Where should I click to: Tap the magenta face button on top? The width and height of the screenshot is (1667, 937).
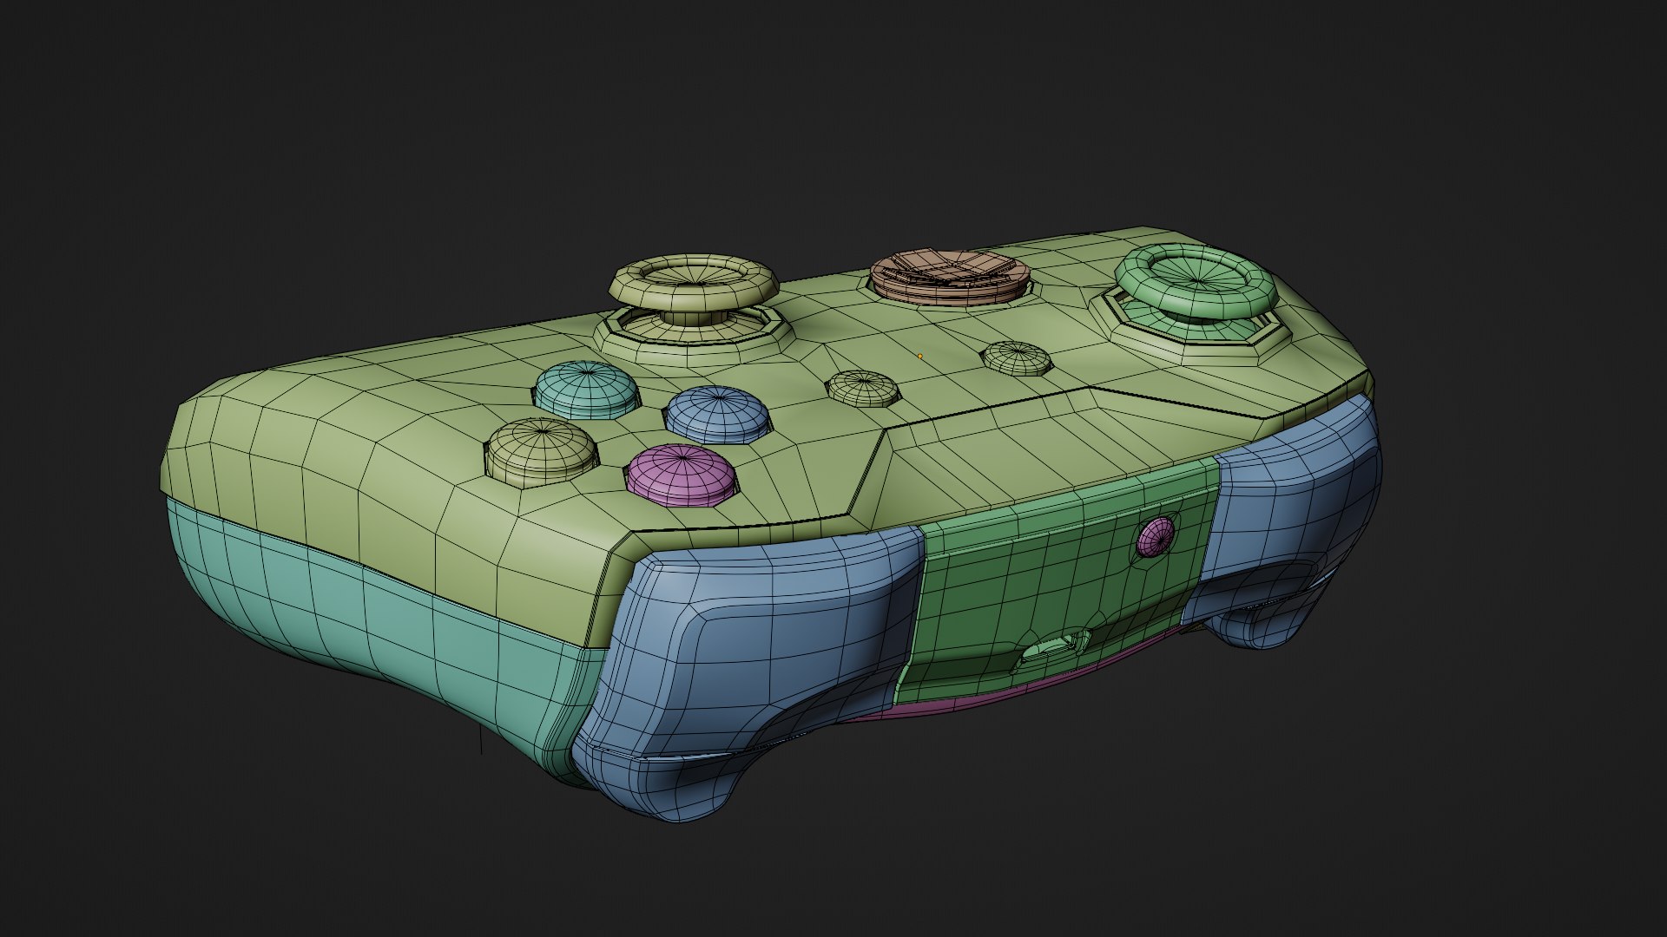pyautogui.click(x=681, y=474)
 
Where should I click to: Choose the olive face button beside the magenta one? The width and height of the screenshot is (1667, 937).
pyautogui.click(x=541, y=449)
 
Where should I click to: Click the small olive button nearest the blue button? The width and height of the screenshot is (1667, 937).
pyautogui.click(x=863, y=388)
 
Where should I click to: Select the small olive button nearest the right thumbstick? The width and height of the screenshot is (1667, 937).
pyautogui.click(x=1016, y=357)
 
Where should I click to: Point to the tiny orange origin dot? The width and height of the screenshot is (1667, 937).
pyautogui.click(x=919, y=356)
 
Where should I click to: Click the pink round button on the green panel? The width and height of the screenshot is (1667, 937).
pyautogui.click(x=1156, y=537)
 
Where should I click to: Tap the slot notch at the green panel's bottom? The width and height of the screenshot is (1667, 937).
pyautogui.click(x=1052, y=648)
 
